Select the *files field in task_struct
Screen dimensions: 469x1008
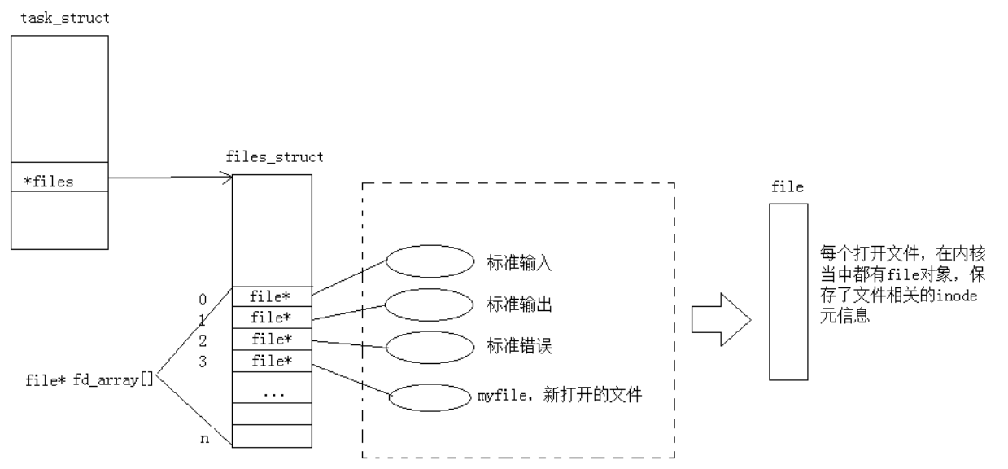[x=49, y=182]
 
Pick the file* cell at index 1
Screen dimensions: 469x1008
[x=272, y=316]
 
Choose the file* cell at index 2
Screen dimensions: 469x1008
[x=272, y=338]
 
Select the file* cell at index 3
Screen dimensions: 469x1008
[x=272, y=360]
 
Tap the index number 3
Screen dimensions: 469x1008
[x=203, y=361]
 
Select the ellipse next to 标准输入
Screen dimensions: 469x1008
[x=429, y=262]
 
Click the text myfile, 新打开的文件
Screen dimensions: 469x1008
[x=561, y=397]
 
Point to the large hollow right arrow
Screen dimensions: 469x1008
[x=719, y=318]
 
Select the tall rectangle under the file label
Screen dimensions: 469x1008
[x=788, y=291]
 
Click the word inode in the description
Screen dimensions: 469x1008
[x=961, y=297]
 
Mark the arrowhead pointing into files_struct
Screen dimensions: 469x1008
[x=229, y=178]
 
